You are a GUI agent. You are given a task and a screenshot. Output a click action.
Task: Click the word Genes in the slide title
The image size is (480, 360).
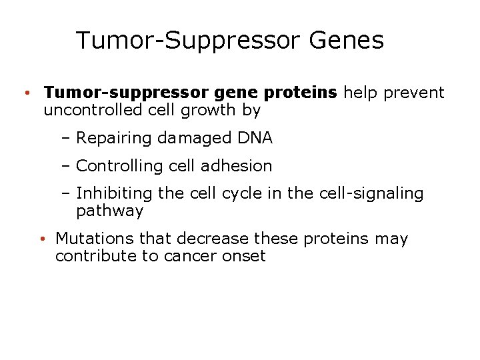click(x=347, y=41)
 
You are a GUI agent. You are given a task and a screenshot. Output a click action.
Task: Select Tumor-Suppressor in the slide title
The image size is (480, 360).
click(x=189, y=41)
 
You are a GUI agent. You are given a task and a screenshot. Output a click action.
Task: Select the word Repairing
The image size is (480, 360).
click(x=114, y=139)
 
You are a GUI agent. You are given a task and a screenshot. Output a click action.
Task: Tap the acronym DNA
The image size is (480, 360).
click(x=255, y=138)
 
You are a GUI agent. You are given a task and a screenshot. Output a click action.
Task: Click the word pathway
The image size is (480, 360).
click(x=109, y=211)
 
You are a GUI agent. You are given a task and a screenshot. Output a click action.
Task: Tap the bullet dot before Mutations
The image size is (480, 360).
click(x=41, y=239)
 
